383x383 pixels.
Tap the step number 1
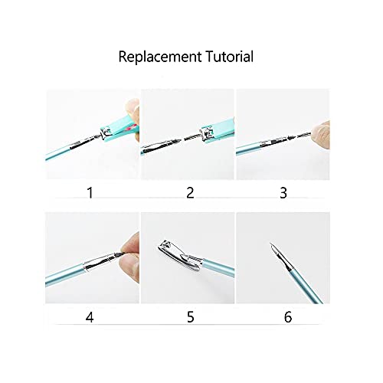pos(91,192)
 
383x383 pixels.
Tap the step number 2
pos(188,192)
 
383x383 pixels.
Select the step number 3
pos(283,192)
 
